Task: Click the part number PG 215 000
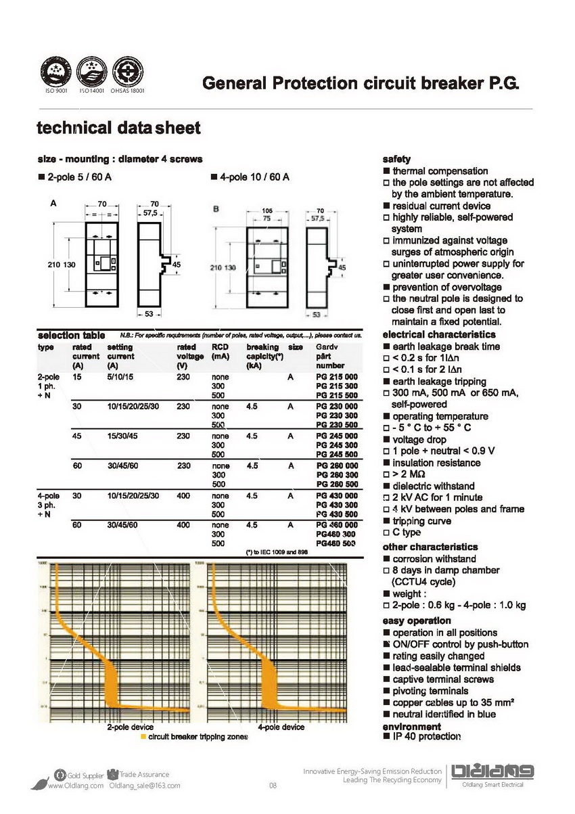337,376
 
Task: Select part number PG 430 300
337,505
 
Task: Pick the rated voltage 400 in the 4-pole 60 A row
183,525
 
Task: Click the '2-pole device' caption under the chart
131,727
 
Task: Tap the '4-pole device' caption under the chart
281,727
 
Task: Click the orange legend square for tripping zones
143,736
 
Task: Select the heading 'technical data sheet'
118,128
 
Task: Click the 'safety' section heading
396,159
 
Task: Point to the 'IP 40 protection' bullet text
426,736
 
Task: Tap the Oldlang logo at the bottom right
493,772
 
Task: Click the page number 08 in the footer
273,786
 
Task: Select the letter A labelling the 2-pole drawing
53,202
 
